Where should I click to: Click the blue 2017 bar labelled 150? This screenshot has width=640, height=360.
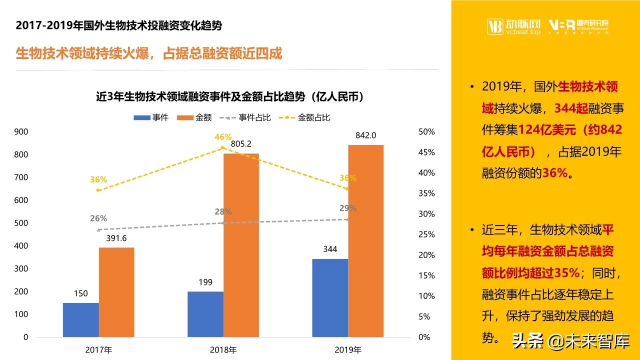(x=80, y=319)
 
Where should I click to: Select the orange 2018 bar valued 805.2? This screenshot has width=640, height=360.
(x=241, y=245)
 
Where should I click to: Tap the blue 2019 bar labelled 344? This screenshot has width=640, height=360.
(x=330, y=297)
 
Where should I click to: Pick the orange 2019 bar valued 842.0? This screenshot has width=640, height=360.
(x=365, y=240)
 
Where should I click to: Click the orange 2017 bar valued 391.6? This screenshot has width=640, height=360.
(x=116, y=292)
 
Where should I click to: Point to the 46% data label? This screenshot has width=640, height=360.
(x=223, y=137)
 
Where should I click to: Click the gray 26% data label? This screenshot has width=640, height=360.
(x=98, y=218)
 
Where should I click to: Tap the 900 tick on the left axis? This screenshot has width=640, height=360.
(x=21, y=132)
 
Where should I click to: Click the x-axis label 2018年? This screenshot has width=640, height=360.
(x=223, y=350)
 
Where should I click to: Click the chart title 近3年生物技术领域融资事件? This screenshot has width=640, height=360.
(x=229, y=97)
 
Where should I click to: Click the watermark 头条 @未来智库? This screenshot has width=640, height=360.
(x=569, y=341)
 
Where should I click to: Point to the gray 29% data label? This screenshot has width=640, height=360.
(x=348, y=208)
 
